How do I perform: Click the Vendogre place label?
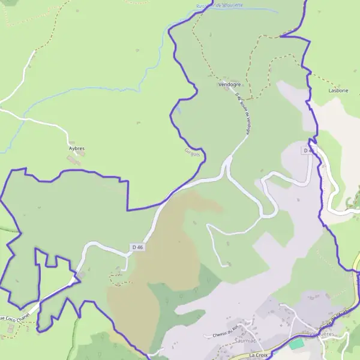(x=230, y=85)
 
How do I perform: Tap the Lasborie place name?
(x=338, y=90)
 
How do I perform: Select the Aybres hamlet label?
(x=77, y=148)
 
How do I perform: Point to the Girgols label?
(x=192, y=152)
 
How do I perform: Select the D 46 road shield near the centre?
(x=137, y=247)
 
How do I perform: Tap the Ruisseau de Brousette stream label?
(x=219, y=5)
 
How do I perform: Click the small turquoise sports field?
(x=295, y=344)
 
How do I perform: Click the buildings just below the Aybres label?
(x=74, y=160)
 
